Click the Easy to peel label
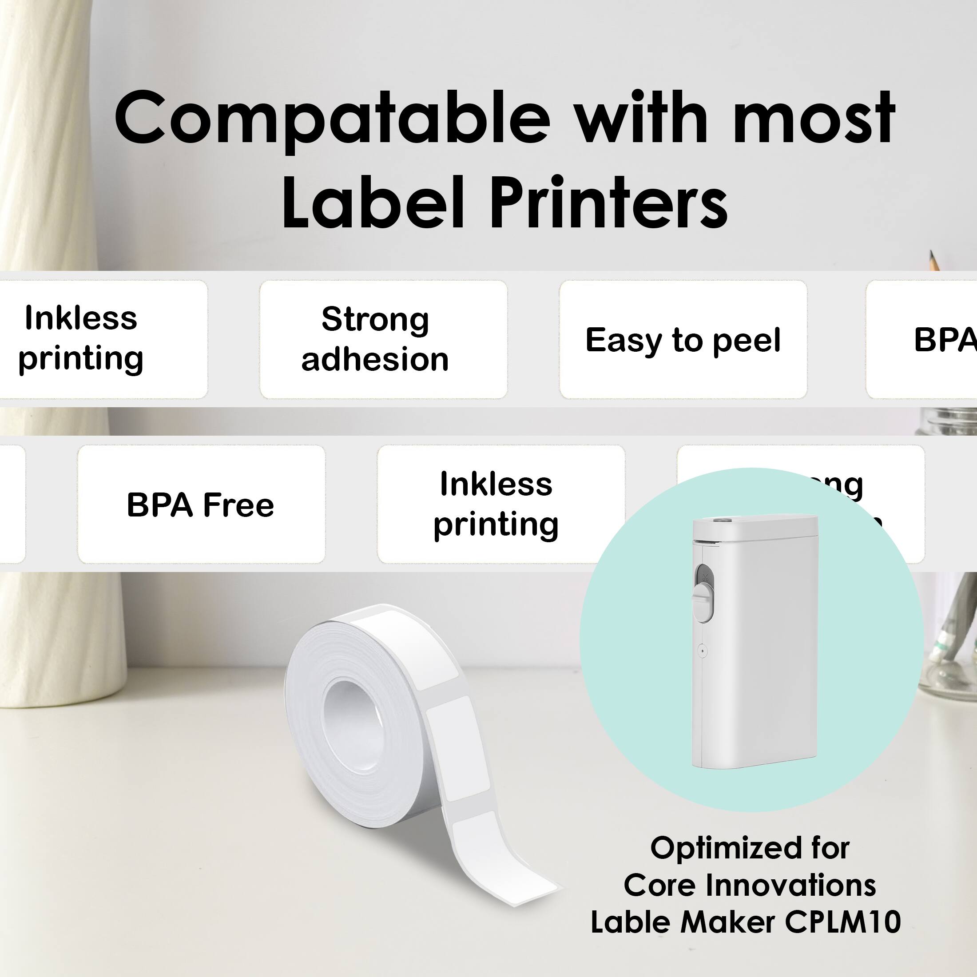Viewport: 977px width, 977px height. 683,340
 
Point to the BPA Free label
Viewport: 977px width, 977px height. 200,504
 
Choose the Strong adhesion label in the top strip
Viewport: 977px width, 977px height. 375,339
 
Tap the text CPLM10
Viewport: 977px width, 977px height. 842,921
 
